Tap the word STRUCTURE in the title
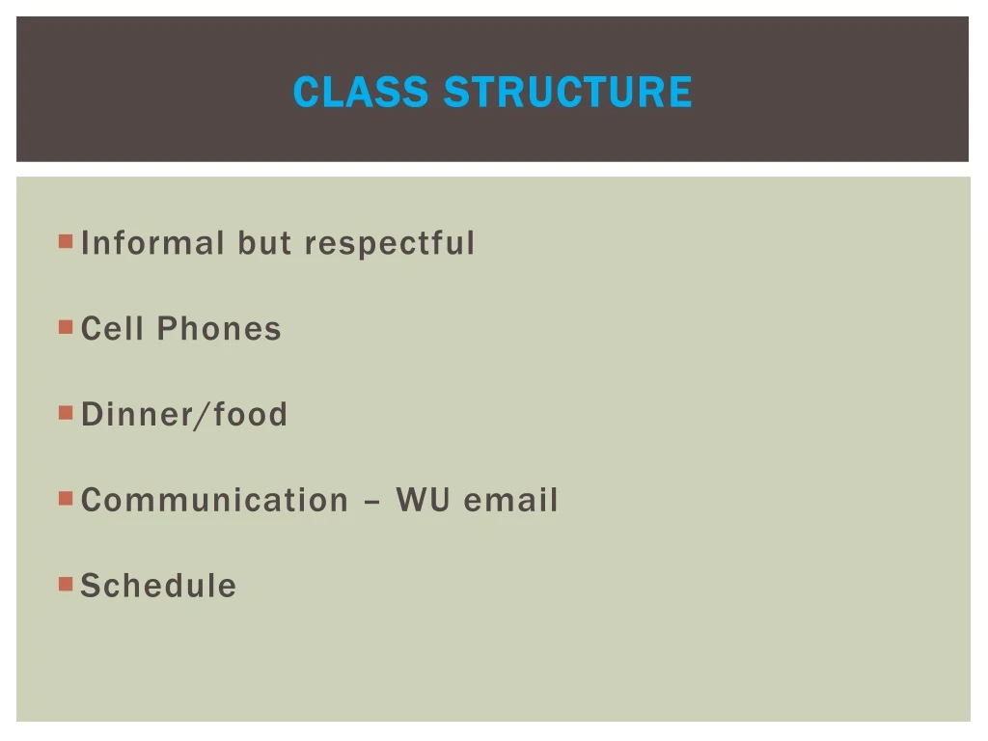(x=567, y=93)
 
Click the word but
(x=265, y=243)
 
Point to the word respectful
(x=390, y=243)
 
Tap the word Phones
(x=219, y=329)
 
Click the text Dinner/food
(x=184, y=415)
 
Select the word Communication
(x=214, y=501)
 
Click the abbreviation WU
(x=423, y=501)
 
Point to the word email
(x=510, y=501)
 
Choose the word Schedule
(x=158, y=586)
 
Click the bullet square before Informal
(x=66, y=240)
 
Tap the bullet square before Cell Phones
(x=66, y=326)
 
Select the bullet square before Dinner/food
(x=66, y=412)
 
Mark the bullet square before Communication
(x=66, y=498)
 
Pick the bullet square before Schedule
(x=66, y=583)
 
